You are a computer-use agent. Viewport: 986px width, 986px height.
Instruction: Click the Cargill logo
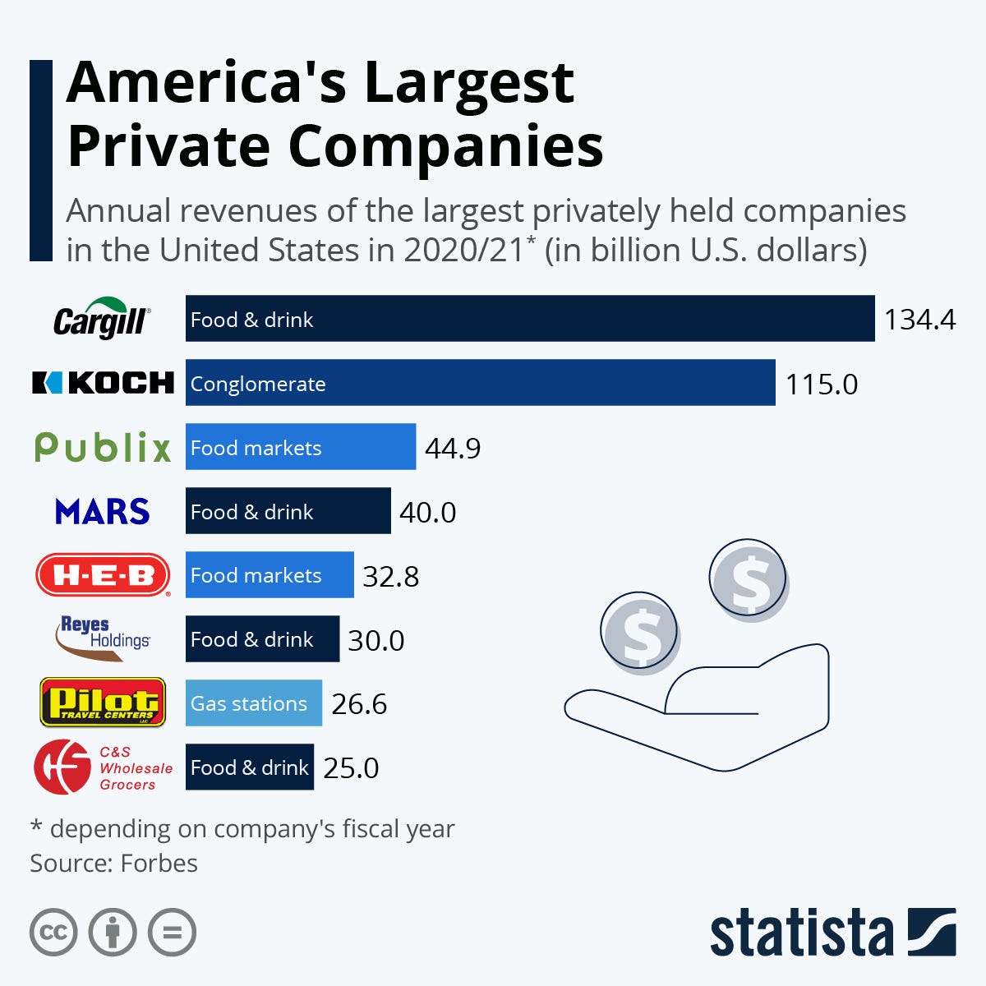point(102,319)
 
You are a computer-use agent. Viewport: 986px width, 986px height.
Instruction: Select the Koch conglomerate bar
point(480,383)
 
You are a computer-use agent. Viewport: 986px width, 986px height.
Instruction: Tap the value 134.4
point(919,319)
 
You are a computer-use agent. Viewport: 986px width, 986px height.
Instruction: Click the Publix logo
point(103,447)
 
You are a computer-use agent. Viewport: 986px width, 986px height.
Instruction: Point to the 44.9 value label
point(452,448)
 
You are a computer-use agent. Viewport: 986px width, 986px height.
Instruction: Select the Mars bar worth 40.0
point(288,511)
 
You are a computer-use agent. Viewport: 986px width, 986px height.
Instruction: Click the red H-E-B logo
point(103,575)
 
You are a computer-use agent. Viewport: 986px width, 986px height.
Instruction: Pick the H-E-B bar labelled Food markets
point(270,575)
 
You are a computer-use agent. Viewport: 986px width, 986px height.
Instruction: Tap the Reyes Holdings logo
point(103,638)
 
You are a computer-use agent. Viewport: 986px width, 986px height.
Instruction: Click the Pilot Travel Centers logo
point(103,703)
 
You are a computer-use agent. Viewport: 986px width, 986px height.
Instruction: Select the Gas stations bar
point(253,703)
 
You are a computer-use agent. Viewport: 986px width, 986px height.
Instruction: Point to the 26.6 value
point(359,704)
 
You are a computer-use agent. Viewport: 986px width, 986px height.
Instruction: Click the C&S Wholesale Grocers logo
point(103,767)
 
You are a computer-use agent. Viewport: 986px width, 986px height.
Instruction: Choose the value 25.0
point(351,767)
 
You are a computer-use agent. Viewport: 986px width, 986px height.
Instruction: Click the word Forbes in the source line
point(159,864)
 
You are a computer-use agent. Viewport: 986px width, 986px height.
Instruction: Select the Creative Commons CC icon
point(53,933)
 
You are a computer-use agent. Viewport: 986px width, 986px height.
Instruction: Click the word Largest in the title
point(469,82)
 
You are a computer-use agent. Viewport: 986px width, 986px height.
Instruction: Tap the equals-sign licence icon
point(173,933)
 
